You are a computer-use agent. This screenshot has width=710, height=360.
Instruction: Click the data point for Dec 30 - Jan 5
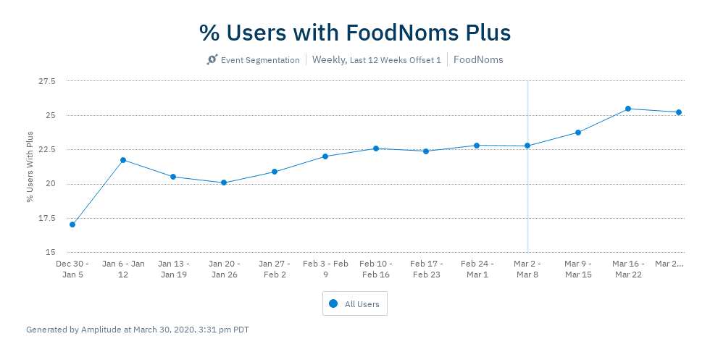pyautogui.click(x=72, y=225)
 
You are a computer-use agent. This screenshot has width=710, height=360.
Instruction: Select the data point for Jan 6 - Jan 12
pyautogui.click(x=123, y=160)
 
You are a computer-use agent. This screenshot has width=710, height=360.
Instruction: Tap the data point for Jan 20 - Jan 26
pyautogui.click(x=224, y=183)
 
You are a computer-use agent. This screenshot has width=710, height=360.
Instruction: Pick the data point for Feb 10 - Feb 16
pyautogui.click(x=376, y=148)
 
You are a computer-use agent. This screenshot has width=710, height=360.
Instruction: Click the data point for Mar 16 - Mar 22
pyautogui.click(x=628, y=109)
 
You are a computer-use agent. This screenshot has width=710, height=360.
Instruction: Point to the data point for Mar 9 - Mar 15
pyautogui.click(x=578, y=133)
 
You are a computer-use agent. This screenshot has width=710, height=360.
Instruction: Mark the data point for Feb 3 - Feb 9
pyautogui.click(x=325, y=156)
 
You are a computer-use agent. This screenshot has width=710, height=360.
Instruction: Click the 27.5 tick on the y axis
pyautogui.click(x=46, y=81)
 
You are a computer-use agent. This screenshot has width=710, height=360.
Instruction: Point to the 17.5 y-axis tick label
pyautogui.click(x=46, y=218)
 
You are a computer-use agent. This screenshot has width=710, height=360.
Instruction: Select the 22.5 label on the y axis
pyautogui.click(x=46, y=150)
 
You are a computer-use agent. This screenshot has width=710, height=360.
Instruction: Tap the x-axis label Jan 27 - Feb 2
pyautogui.click(x=275, y=269)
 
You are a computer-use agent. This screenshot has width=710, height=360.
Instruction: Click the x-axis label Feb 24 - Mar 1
pyautogui.click(x=477, y=269)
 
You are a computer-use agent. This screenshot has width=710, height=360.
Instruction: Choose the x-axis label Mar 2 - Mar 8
pyautogui.click(x=527, y=269)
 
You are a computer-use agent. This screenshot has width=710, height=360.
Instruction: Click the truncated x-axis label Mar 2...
pyautogui.click(x=669, y=264)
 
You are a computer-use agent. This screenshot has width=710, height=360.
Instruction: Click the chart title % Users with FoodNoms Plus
pyautogui.click(x=355, y=33)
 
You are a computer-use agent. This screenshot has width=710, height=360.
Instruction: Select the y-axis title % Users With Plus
pyautogui.click(x=30, y=167)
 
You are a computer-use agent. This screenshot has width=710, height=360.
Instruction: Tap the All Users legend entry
pyautogui.click(x=355, y=304)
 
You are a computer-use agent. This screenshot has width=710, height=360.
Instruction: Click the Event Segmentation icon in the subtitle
pyautogui.click(x=212, y=60)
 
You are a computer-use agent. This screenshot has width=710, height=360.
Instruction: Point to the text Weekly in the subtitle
pyautogui.click(x=328, y=60)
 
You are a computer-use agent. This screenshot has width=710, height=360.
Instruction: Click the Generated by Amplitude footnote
pyautogui.click(x=138, y=330)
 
